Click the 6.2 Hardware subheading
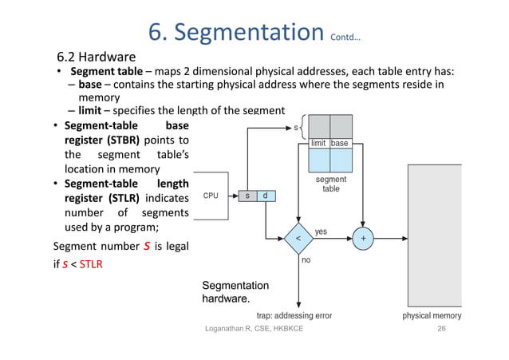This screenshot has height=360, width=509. (96, 57)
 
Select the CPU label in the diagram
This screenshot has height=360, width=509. (211, 196)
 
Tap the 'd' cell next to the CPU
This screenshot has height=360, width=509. (265, 196)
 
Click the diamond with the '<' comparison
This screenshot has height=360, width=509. (298, 237)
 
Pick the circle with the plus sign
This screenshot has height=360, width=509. (363, 237)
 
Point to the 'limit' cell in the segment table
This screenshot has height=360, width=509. (319, 143)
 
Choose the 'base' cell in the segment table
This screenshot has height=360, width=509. (341, 143)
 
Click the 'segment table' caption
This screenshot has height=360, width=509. (330, 184)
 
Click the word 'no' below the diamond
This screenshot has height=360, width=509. (306, 259)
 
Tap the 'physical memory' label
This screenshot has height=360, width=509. (431, 316)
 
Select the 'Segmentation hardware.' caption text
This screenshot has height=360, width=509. (235, 293)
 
